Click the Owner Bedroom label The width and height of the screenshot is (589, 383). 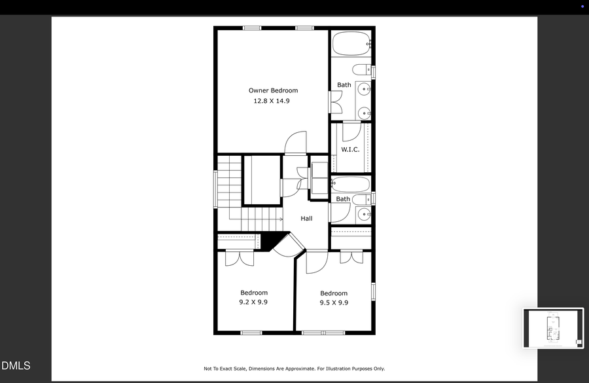(273, 90)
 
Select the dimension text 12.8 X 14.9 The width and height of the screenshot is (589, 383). (272, 101)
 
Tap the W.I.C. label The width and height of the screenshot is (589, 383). (350, 150)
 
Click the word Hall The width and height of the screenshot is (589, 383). (306, 219)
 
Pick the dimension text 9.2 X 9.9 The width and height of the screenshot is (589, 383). (253, 302)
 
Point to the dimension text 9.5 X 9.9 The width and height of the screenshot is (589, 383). (334, 303)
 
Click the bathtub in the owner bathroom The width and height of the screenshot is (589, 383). (351, 44)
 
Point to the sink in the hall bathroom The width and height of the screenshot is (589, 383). (364, 214)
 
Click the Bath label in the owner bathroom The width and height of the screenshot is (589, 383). (344, 85)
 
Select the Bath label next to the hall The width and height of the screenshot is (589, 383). (343, 199)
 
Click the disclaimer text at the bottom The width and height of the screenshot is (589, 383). (294, 369)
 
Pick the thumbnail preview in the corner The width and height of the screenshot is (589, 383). (553, 328)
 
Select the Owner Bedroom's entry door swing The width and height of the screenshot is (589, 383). (296, 142)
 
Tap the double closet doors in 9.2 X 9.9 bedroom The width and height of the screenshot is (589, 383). (239, 257)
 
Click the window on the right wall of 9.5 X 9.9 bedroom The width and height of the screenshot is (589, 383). (374, 291)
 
